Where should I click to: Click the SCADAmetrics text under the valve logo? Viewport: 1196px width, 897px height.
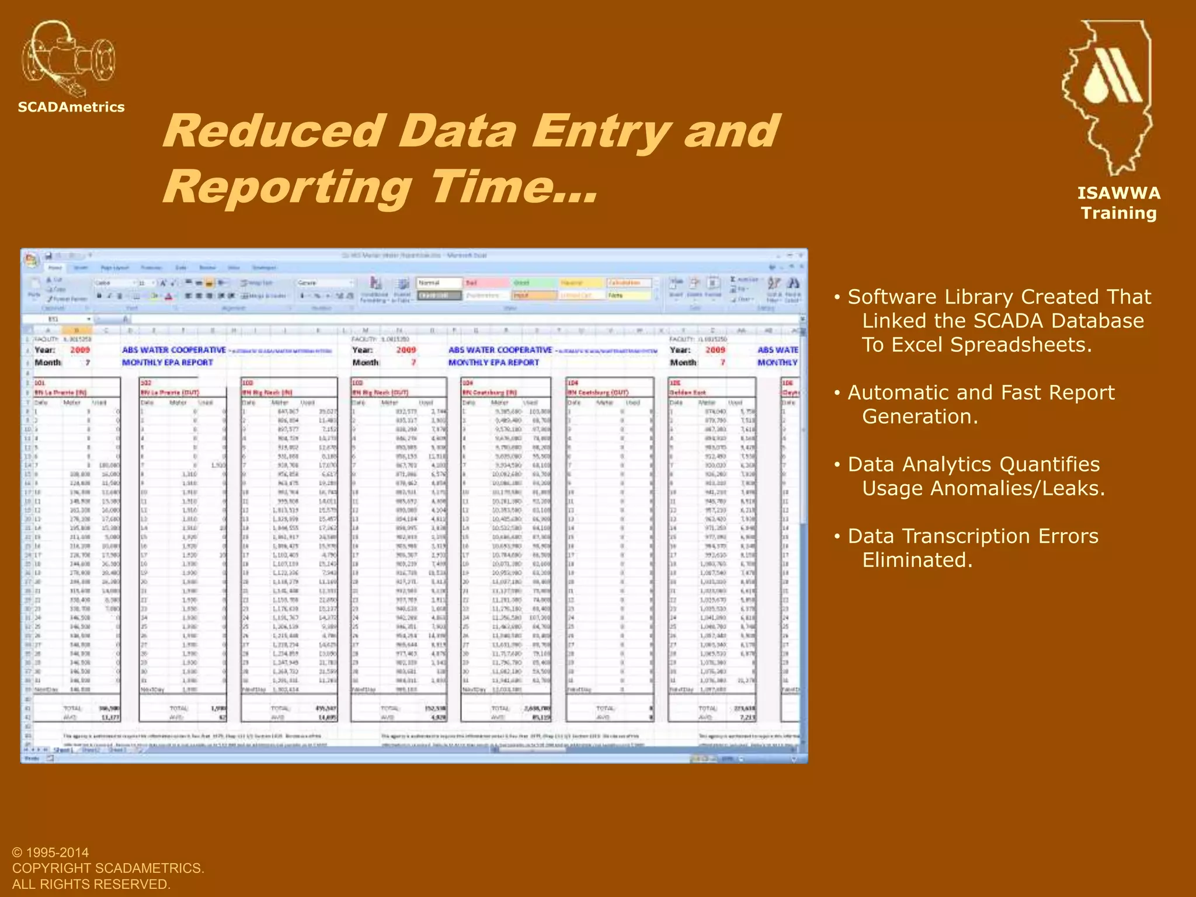71,107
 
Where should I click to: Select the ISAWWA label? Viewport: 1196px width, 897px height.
1119,193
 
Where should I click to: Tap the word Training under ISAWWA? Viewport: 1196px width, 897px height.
1119,213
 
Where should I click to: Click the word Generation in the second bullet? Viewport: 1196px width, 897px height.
920,416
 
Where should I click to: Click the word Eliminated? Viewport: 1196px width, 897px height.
917,560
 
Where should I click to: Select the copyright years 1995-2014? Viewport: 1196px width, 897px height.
57,853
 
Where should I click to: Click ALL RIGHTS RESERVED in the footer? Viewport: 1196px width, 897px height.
91,884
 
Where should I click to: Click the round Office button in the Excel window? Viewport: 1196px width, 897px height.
31,258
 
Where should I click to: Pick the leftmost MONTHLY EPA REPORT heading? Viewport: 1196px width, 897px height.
168,363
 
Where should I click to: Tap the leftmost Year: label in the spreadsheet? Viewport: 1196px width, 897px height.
45,350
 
